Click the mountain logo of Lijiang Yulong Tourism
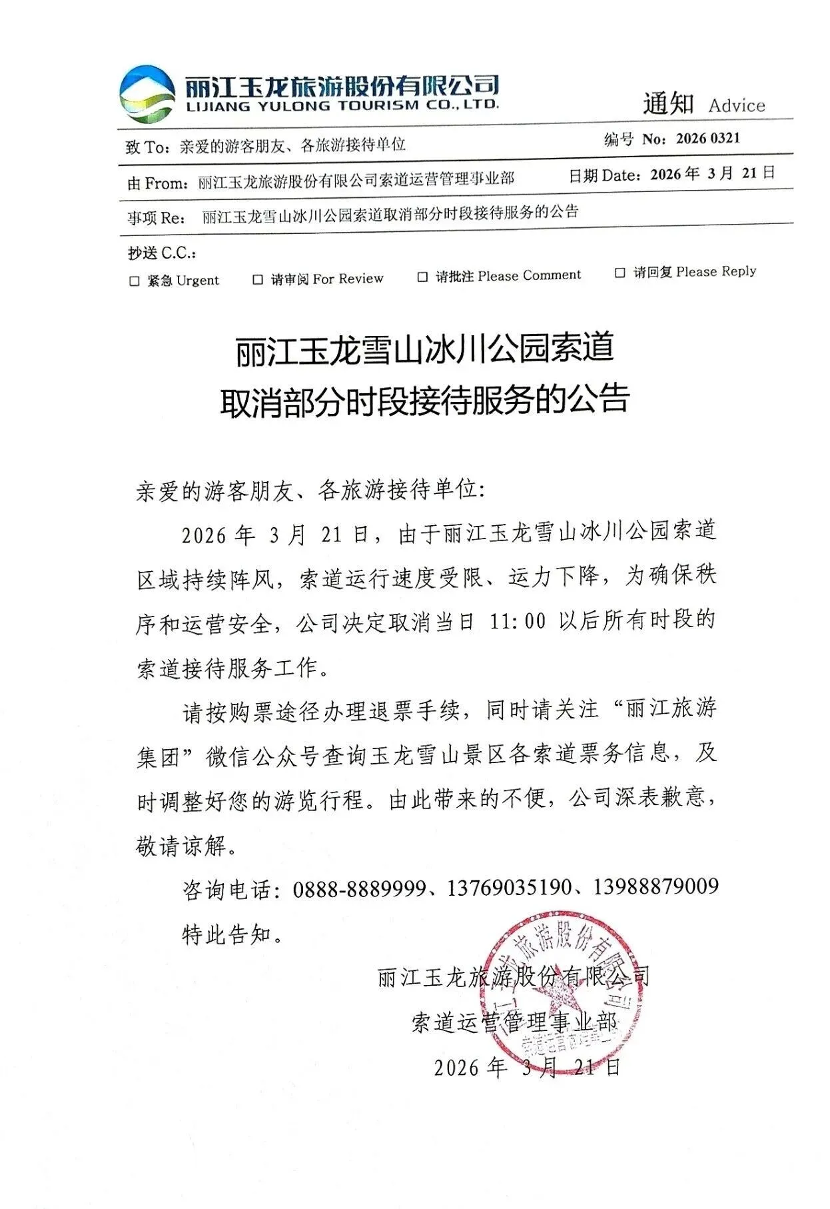point(147,95)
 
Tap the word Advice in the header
point(736,105)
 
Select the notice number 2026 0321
point(707,139)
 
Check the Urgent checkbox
point(135,281)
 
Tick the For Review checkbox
point(258,280)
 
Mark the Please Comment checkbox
point(422,277)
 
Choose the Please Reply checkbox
point(620,273)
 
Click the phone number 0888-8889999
point(359,888)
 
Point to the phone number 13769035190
point(509,888)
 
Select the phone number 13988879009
point(655,886)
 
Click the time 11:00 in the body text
point(517,622)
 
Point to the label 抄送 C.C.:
point(162,253)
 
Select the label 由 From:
point(157,183)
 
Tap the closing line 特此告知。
point(233,934)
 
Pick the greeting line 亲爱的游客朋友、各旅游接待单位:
point(311,491)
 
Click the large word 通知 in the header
point(668,104)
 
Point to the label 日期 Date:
point(604,175)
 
